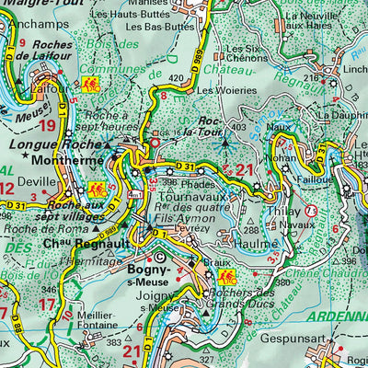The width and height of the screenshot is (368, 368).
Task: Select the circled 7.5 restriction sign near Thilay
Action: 312,211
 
